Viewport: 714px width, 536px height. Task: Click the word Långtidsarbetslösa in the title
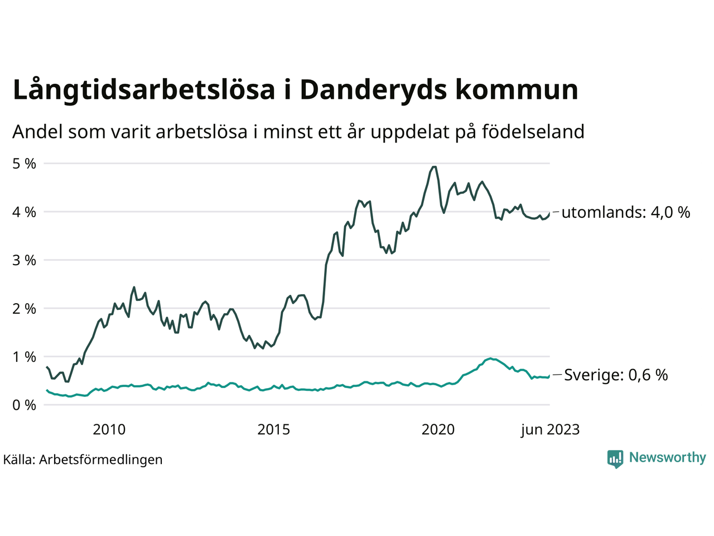pyautogui.click(x=144, y=90)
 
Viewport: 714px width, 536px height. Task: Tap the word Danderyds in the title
pyautogui.click(x=373, y=90)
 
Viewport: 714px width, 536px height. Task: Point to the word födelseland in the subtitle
pyautogui.click(x=532, y=132)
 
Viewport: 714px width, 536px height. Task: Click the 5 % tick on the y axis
pyautogui.click(x=24, y=164)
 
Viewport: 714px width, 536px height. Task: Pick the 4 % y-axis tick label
pyautogui.click(x=24, y=212)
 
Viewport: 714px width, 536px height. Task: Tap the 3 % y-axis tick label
pyautogui.click(x=24, y=260)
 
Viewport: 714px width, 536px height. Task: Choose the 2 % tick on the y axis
pyautogui.click(x=24, y=309)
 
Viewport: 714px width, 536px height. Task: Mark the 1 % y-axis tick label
pyautogui.click(x=24, y=357)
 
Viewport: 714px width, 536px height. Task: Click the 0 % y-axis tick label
pyautogui.click(x=24, y=405)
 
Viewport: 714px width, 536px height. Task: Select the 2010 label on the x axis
pyautogui.click(x=109, y=429)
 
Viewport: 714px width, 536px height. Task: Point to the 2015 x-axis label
pyautogui.click(x=273, y=429)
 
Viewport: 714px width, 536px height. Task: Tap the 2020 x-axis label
pyautogui.click(x=438, y=429)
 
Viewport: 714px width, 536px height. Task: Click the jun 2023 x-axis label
pyautogui.click(x=550, y=429)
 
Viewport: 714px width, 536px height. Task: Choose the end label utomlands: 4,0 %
pyautogui.click(x=626, y=212)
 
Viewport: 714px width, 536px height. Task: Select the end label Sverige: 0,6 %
pyautogui.click(x=616, y=375)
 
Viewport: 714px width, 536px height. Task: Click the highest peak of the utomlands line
pyautogui.click(x=434, y=166)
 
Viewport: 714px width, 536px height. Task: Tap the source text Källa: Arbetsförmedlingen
pyautogui.click(x=83, y=460)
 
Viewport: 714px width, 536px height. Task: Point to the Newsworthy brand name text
pyautogui.click(x=667, y=458)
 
